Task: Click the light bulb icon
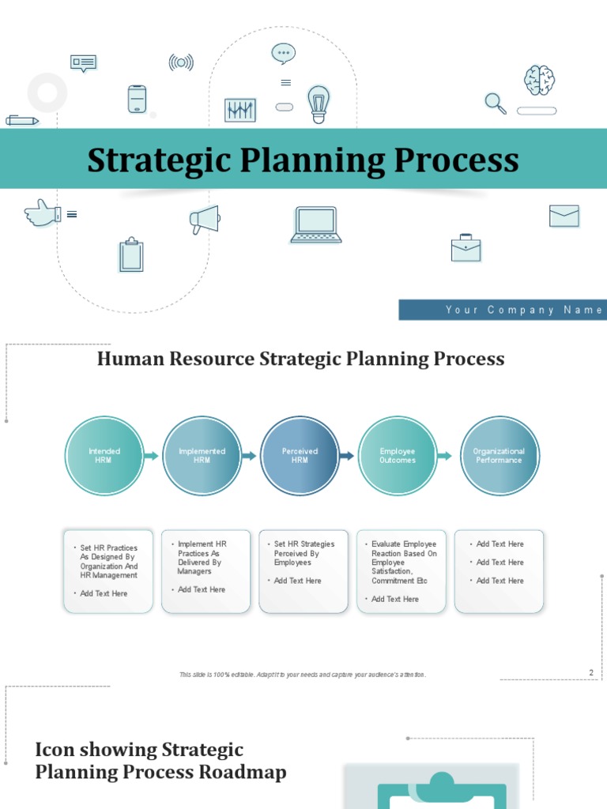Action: click(319, 103)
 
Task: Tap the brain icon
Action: click(539, 80)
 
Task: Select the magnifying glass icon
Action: click(495, 103)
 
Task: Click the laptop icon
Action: click(316, 224)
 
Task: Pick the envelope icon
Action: click(564, 216)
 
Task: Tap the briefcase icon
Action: click(466, 248)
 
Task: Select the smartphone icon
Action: click(138, 99)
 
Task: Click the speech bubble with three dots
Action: click(284, 54)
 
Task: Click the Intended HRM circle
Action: click(104, 456)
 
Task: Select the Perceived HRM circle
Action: click(300, 456)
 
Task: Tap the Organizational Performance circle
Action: click(499, 456)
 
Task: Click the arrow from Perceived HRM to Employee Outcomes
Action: click(346, 456)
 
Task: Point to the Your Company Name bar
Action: click(503, 310)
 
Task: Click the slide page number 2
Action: click(590, 672)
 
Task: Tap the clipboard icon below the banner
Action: click(131, 255)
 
